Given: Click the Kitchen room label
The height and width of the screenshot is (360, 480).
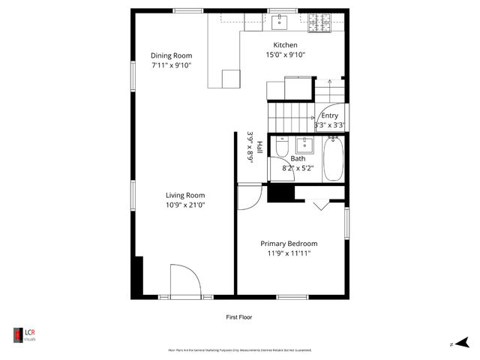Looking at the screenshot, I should (286, 45).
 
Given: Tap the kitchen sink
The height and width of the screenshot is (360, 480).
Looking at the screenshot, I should (280, 20).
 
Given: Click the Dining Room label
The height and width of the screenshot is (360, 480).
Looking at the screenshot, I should (171, 55).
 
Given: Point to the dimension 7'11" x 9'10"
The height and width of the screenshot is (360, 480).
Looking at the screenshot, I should (171, 65).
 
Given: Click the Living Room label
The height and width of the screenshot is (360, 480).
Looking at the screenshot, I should (185, 195).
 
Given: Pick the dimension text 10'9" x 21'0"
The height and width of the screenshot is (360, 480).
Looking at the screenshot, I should (185, 205).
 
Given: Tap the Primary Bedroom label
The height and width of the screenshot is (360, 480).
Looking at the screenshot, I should (289, 244).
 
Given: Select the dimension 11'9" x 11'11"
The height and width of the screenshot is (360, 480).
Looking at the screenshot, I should (289, 253).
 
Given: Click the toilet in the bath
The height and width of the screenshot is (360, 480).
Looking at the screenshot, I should (280, 148).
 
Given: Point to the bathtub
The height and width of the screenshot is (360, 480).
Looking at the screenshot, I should (334, 159).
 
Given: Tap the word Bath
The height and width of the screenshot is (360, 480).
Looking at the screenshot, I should (298, 158).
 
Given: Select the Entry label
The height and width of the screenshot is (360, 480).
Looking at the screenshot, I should (329, 115).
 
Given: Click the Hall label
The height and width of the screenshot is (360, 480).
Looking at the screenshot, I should (259, 147).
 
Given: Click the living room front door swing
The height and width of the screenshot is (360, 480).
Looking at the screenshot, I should (184, 280).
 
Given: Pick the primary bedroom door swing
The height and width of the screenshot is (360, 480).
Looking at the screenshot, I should (248, 196).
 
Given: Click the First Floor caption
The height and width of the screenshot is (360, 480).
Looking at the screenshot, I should (239, 317).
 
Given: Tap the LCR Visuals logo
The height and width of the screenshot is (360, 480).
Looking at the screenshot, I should (24, 334).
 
